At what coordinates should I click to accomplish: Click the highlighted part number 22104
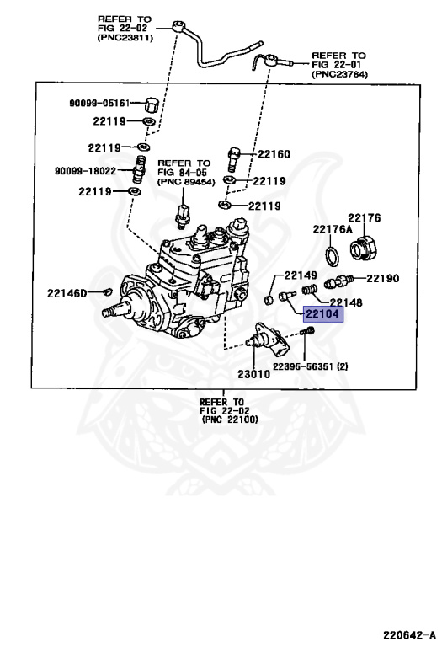(322, 315)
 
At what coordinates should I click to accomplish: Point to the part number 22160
(273, 154)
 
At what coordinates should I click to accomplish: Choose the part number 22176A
(332, 229)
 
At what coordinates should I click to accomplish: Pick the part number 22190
(382, 278)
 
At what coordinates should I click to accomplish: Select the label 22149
(300, 275)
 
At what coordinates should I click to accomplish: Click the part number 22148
(346, 302)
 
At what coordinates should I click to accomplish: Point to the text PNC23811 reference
(125, 38)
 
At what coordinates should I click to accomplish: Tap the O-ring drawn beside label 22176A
(333, 254)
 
